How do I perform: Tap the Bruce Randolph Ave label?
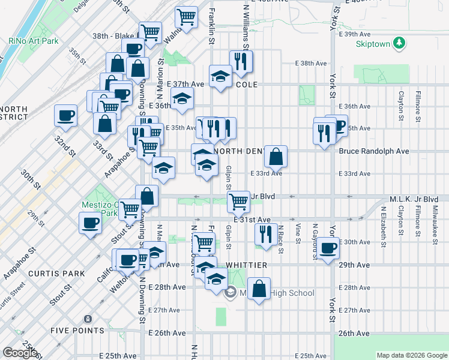pos(373,151)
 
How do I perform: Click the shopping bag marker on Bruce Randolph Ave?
pos(276,157)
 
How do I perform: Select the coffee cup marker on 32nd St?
pos(65,115)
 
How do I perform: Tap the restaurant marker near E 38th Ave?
pos(241,61)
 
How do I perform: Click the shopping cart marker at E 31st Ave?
pos(239,202)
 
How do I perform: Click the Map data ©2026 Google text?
pos(412,355)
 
